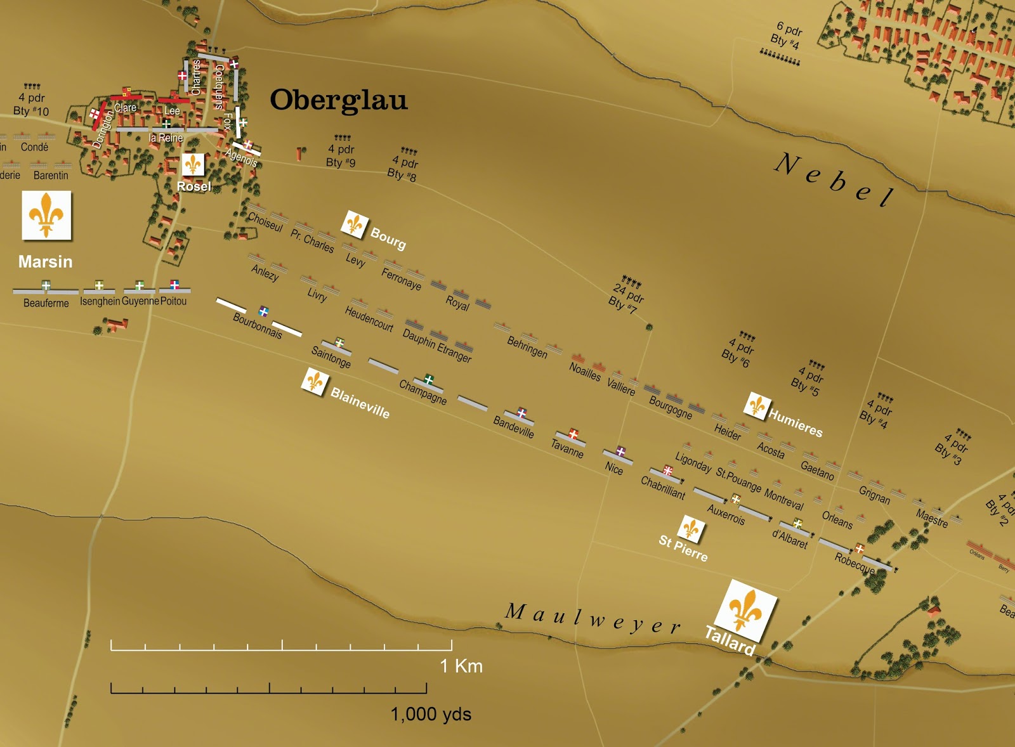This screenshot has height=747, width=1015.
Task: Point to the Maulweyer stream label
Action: click(593, 619)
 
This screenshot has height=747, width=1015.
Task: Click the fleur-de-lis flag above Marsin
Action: click(46, 216)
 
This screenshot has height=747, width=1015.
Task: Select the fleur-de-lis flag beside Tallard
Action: click(745, 610)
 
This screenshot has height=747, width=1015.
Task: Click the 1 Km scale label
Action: click(461, 666)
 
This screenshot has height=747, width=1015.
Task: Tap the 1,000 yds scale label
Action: click(431, 715)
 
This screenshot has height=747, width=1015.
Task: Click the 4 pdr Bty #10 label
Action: click(32, 104)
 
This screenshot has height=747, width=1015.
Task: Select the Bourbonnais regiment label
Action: click(257, 326)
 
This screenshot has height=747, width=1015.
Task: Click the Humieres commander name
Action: click(796, 423)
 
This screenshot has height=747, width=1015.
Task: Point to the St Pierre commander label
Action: click(683, 549)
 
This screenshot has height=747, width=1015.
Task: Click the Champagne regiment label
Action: click(422, 392)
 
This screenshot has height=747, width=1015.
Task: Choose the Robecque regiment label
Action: click(855, 562)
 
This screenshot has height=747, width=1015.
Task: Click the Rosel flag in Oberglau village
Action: click(193, 166)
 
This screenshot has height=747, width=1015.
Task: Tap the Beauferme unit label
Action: click(46, 303)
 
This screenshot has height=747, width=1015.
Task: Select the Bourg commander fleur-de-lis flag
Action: click(354, 224)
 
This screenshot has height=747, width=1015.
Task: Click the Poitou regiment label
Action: click(173, 301)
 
